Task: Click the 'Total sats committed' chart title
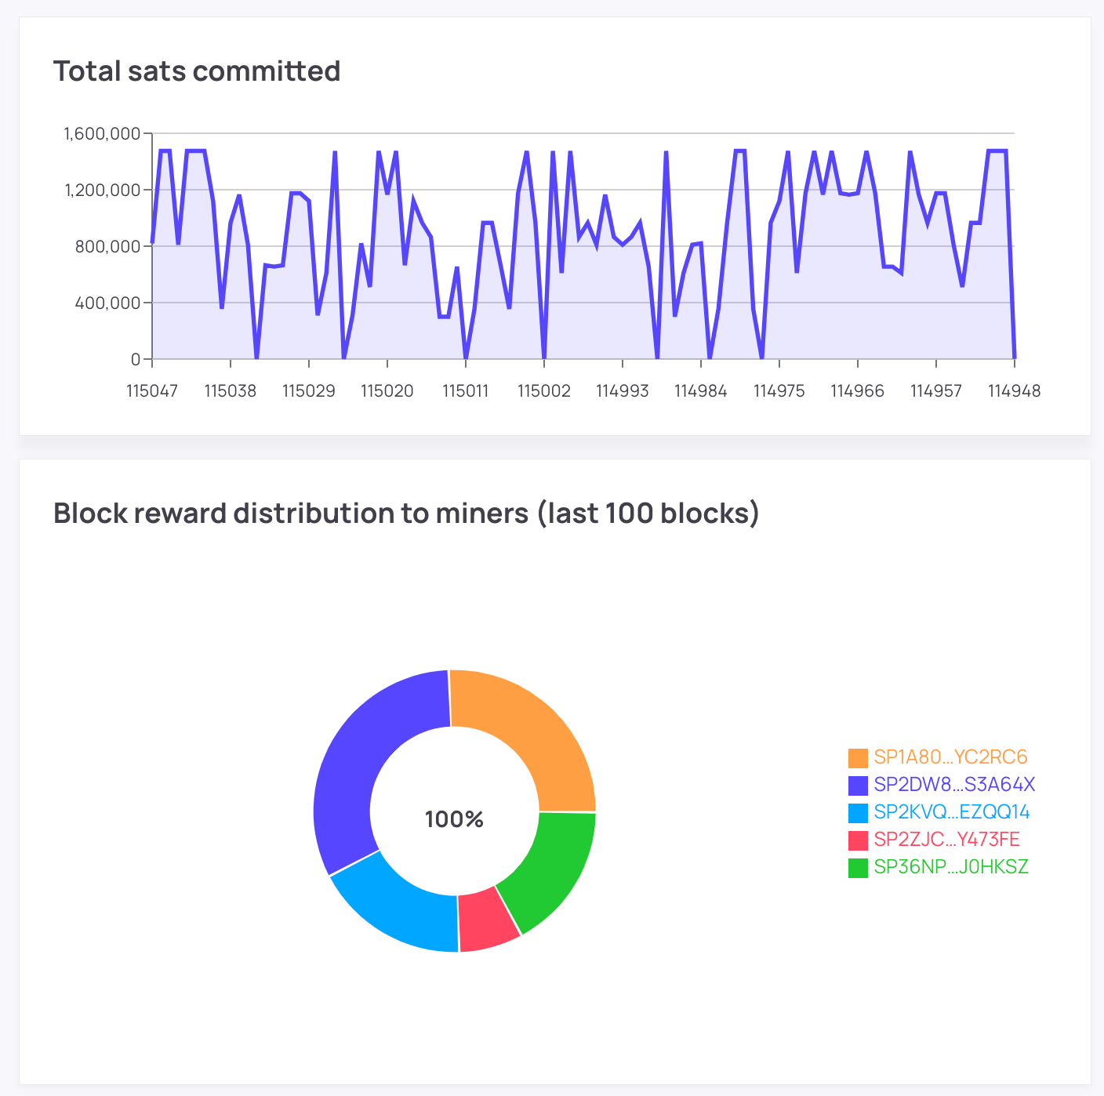(197, 71)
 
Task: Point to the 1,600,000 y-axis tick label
(102, 134)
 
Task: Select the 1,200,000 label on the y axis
(102, 191)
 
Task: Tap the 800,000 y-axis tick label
(107, 247)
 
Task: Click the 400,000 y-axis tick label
(107, 303)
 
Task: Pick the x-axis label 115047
(152, 390)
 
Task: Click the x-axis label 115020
(387, 390)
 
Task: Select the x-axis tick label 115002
(544, 390)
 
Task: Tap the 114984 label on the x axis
(701, 390)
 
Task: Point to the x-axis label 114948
(1014, 390)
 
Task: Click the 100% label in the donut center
(454, 819)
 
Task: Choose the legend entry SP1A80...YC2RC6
(950, 757)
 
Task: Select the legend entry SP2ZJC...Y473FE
(946, 840)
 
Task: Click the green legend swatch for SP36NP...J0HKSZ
(858, 868)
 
